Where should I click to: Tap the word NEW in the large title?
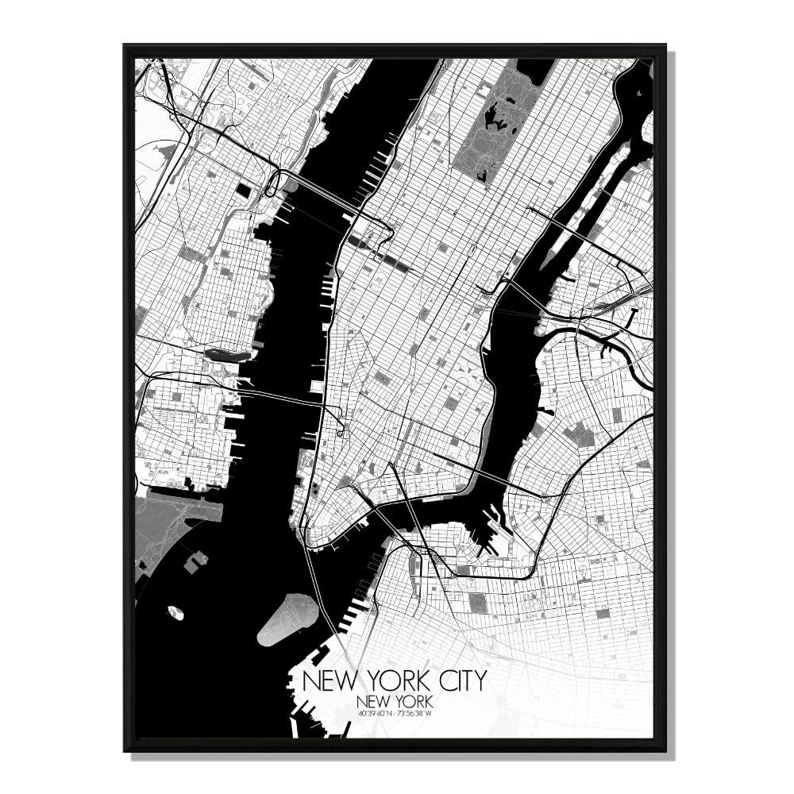click(325, 681)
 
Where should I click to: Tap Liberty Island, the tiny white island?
click(175, 612)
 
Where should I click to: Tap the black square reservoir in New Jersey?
click(243, 191)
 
